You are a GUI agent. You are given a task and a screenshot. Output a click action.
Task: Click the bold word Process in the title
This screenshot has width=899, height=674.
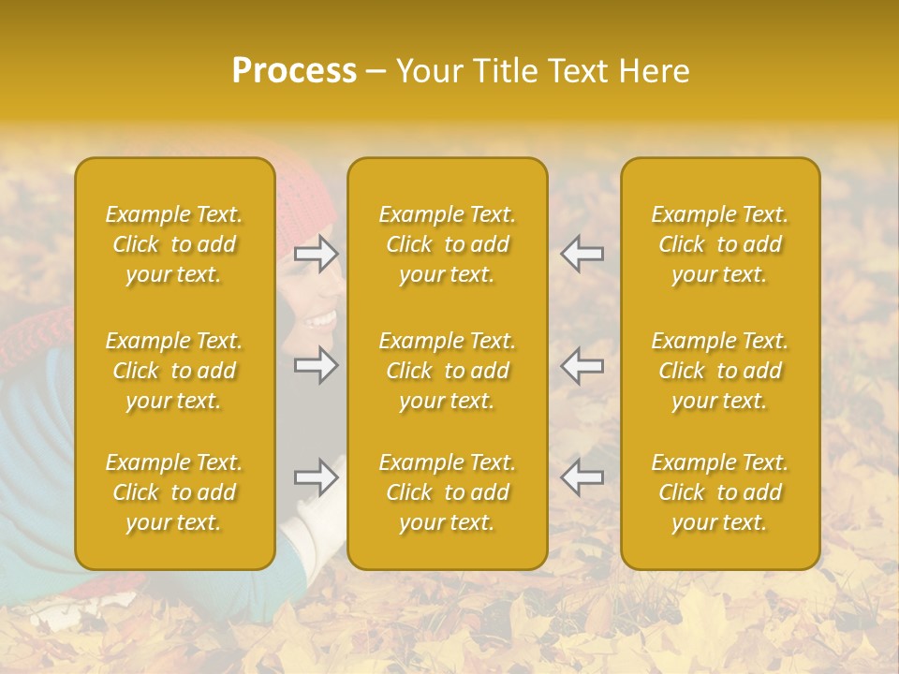(x=294, y=71)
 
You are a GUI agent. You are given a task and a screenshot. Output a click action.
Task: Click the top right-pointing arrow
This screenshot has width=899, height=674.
(x=317, y=253)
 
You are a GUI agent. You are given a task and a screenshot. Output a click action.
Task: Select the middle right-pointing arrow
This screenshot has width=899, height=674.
(x=317, y=364)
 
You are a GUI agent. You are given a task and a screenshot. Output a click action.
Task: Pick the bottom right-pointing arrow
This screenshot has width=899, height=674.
(x=317, y=477)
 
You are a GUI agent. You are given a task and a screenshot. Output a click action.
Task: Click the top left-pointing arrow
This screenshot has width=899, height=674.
(x=582, y=253)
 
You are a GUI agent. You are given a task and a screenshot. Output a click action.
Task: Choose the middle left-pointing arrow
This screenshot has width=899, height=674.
(x=582, y=364)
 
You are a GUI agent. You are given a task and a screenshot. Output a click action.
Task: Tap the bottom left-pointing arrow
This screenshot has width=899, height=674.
(x=582, y=477)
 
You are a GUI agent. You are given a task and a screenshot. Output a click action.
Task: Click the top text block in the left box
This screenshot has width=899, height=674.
(x=174, y=244)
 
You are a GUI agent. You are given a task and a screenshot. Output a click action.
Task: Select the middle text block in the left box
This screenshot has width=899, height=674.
(x=174, y=371)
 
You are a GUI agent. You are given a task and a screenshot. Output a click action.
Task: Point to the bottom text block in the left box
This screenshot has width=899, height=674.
(x=174, y=492)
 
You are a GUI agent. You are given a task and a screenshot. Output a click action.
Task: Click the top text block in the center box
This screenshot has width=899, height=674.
(x=447, y=244)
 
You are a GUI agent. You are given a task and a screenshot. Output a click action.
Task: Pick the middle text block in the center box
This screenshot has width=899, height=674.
(x=447, y=371)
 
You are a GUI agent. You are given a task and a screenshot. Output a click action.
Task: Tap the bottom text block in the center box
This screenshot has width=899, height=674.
(x=447, y=492)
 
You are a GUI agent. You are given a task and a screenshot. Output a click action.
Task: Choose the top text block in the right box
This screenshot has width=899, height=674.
(x=719, y=244)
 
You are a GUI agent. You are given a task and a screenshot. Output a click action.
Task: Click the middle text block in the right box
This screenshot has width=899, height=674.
(x=719, y=371)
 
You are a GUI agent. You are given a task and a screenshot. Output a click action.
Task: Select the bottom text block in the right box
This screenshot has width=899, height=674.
(x=719, y=492)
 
